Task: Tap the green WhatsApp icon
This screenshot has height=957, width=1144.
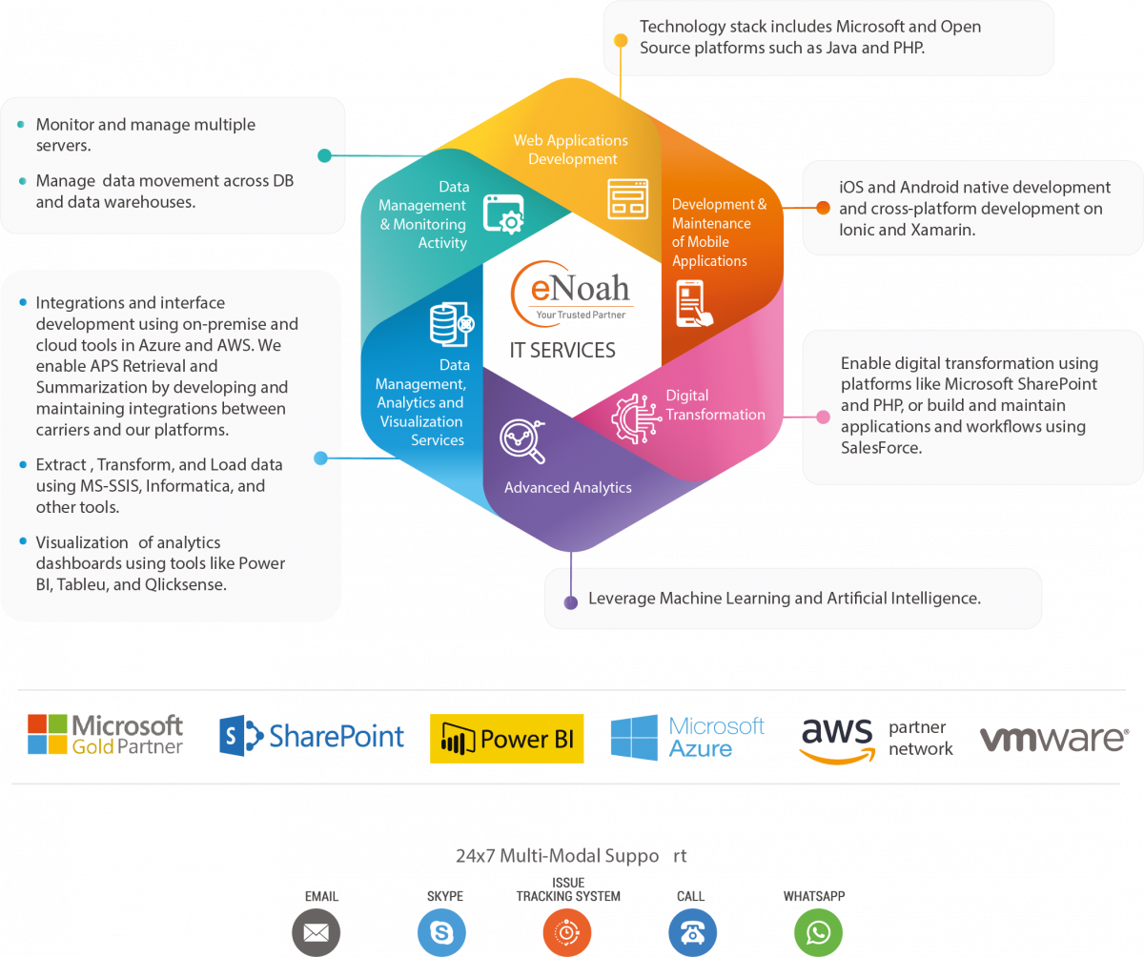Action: (818, 932)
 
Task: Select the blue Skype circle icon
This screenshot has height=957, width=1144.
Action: (441, 932)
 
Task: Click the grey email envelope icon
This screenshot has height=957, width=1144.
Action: (317, 932)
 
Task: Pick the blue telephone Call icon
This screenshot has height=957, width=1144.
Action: (692, 932)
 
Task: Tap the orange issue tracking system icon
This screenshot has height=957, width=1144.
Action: (567, 932)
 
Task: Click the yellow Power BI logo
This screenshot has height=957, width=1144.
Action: (507, 739)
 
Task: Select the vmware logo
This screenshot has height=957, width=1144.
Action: (1054, 739)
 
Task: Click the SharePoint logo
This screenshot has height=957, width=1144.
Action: (311, 736)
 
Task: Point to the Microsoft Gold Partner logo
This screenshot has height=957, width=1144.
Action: (105, 734)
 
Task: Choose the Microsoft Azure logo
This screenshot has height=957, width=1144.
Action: (687, 738)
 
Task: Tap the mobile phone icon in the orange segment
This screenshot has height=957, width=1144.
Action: (694, 304)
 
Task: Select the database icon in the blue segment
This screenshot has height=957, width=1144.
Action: (452, 324)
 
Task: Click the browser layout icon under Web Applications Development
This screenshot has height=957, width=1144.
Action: (628, 199)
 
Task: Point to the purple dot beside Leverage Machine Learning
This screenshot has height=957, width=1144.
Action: (571, 602)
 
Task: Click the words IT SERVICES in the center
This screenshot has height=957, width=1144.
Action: (562, 351)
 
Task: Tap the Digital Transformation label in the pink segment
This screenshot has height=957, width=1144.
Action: (716, 405)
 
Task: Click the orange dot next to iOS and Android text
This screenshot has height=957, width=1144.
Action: (823, 208)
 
